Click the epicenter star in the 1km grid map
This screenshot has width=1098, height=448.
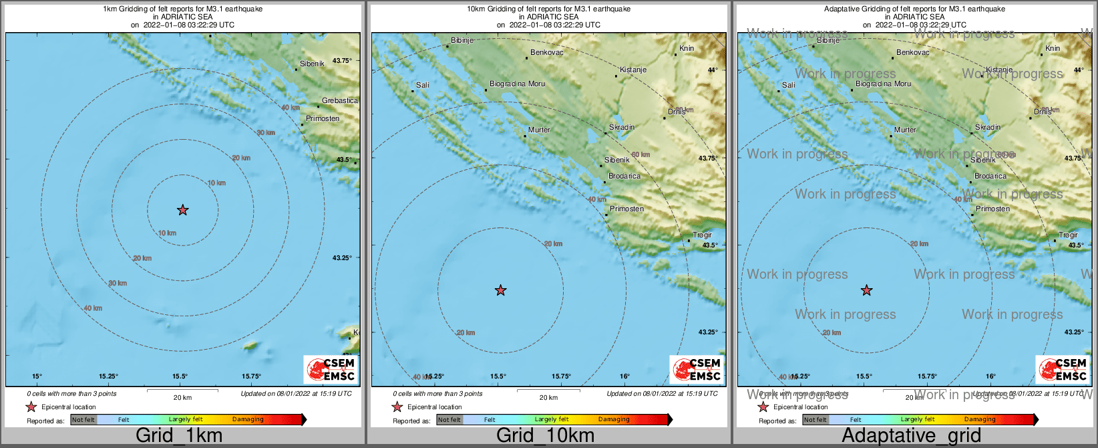182,210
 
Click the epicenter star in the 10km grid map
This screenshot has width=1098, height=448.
500,290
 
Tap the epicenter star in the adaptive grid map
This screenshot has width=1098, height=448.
866,290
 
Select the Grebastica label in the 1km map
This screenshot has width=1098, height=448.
339,100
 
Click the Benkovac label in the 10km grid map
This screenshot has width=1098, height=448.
546,52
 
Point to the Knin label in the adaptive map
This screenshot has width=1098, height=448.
1053,48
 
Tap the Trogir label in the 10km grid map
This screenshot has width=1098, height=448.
702,235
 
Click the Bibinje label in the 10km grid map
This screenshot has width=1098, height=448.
462,40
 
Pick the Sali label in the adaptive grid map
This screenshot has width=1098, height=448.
788,85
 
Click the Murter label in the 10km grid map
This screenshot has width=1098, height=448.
539,130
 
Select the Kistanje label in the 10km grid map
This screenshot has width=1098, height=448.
632,70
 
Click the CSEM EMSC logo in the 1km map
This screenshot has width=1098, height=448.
331,369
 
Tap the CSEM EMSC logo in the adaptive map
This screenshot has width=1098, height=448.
1063,369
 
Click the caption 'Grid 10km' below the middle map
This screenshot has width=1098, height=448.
545,435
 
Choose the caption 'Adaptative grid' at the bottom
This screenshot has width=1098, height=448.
911,435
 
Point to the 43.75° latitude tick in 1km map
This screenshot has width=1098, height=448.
342,60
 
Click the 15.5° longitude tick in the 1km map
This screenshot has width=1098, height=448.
179,376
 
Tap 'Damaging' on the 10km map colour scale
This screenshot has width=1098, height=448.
614,419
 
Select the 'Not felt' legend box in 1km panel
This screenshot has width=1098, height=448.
83,419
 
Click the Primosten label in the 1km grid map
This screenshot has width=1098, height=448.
323,118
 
